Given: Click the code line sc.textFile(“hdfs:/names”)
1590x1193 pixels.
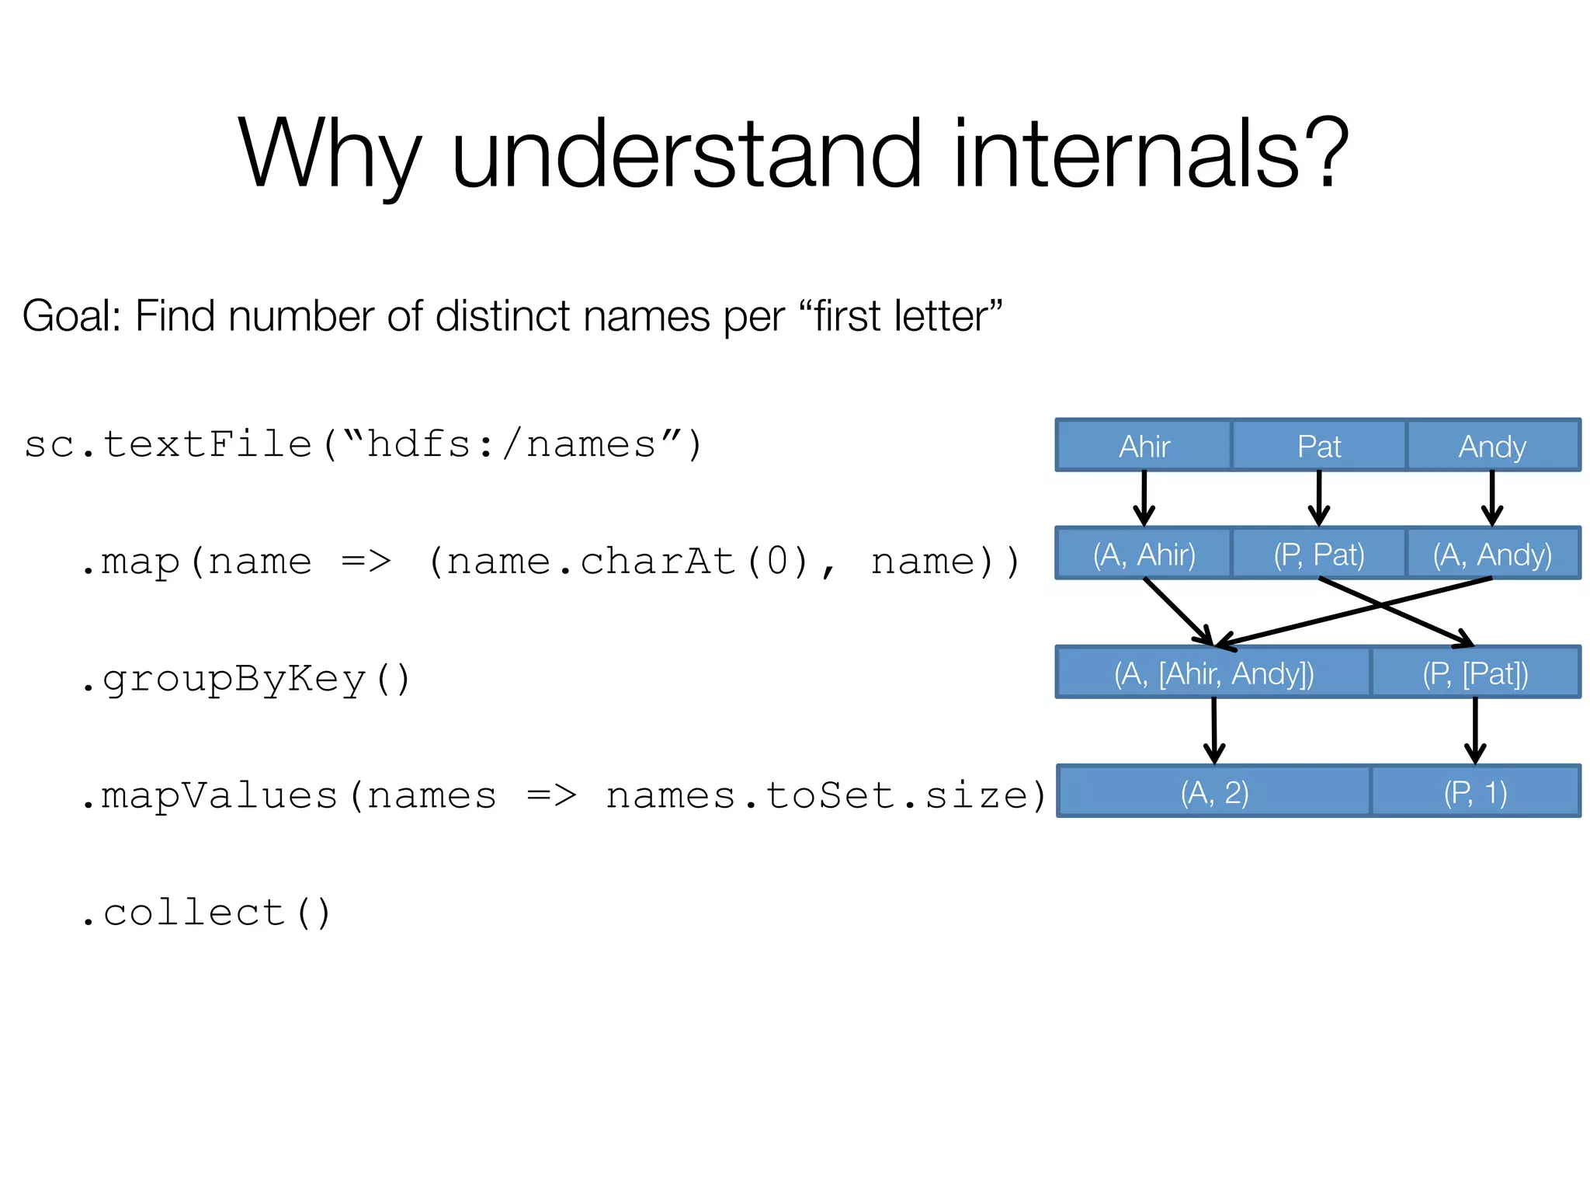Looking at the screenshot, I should pos(363,445).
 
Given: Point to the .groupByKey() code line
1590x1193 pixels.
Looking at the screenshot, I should pos(245,679).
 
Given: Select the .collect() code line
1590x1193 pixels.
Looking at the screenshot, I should pos(207,913).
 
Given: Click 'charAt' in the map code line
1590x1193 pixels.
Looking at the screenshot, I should pos(658,561).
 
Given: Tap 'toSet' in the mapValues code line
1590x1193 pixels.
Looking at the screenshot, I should pos(831,795).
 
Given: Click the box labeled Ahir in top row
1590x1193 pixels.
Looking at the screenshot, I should pos(1144,446).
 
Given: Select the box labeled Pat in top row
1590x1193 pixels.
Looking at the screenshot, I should pos(1318,446).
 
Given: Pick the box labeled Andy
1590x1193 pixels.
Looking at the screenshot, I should pos(1492,446).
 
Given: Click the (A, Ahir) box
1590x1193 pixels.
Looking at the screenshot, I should pos(1144,554).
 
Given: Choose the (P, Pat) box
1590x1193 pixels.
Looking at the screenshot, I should pos(1318,554).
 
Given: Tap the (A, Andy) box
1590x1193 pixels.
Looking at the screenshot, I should pos(1492,554).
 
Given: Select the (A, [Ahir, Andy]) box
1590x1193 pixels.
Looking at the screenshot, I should pos(1213,673).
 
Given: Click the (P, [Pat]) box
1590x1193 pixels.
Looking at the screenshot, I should pos(1475,673).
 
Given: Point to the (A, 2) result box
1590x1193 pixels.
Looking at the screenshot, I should pos(1214,791).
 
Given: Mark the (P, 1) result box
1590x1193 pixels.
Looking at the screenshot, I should pos(1475,791).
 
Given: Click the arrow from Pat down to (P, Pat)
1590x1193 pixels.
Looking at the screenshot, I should pos(1318,498).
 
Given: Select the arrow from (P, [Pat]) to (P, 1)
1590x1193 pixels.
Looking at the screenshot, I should pos(1475,730).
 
